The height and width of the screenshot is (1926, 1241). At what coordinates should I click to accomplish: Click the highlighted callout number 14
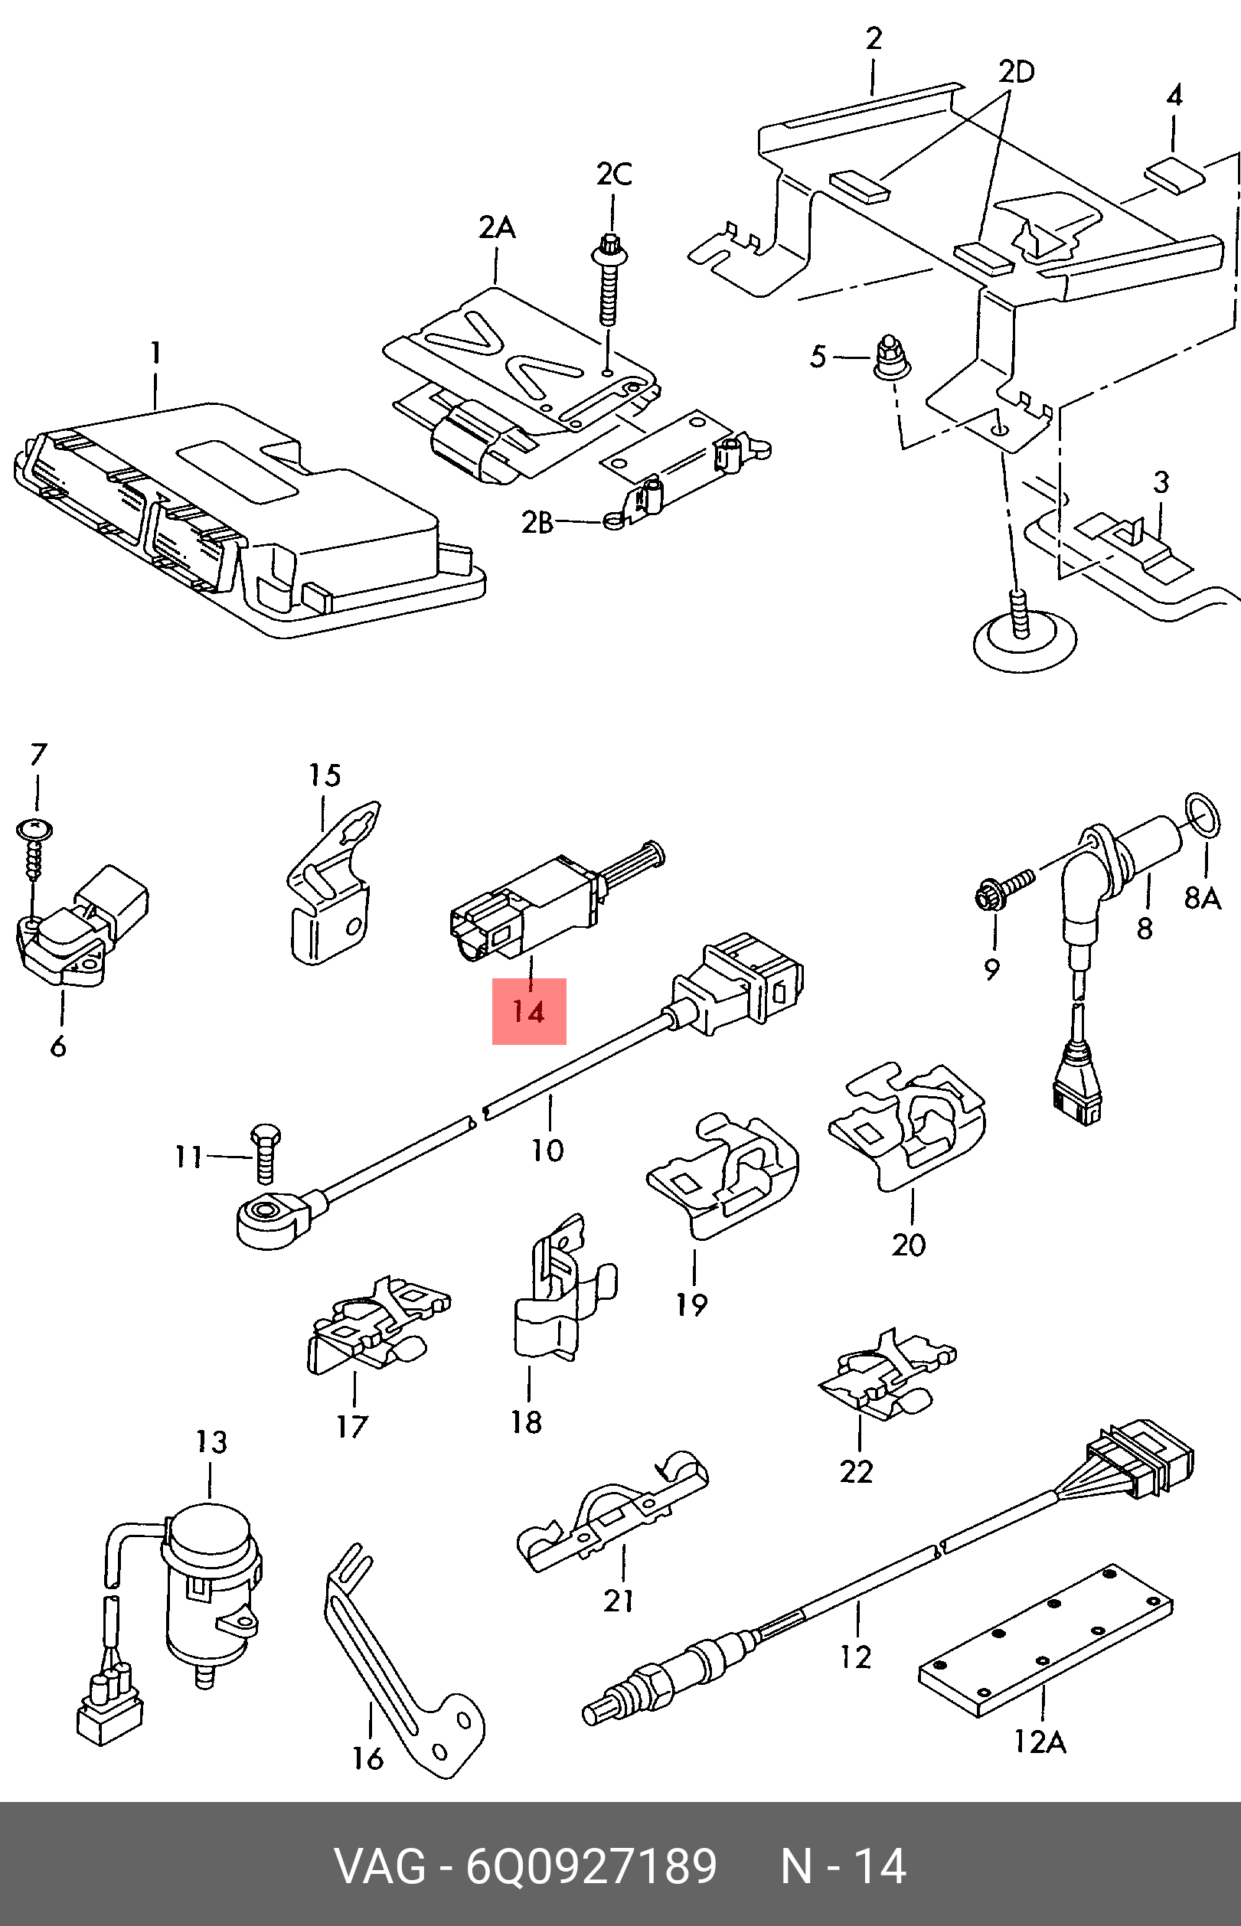coord(529,1011)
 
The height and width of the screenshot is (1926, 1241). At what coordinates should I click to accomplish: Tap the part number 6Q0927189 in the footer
coord(592,1866)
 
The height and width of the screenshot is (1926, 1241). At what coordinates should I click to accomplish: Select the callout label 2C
coord(614,175)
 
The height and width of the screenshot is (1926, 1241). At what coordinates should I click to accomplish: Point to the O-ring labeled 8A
coord(1202,815)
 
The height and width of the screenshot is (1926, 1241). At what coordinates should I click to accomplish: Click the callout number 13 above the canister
coord(211,1442)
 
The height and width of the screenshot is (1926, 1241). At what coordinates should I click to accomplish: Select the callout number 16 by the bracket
coord(367,1758)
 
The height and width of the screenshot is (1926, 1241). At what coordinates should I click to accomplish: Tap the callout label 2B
coord(537,523)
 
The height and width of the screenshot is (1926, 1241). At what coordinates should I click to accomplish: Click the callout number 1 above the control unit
coord(155,353)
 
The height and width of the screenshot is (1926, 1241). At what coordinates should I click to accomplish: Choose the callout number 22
coord(856,1472)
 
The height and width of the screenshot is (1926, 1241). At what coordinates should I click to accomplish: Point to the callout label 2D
coord(1016,73)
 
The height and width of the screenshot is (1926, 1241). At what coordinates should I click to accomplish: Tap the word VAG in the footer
coord(380,1866)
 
